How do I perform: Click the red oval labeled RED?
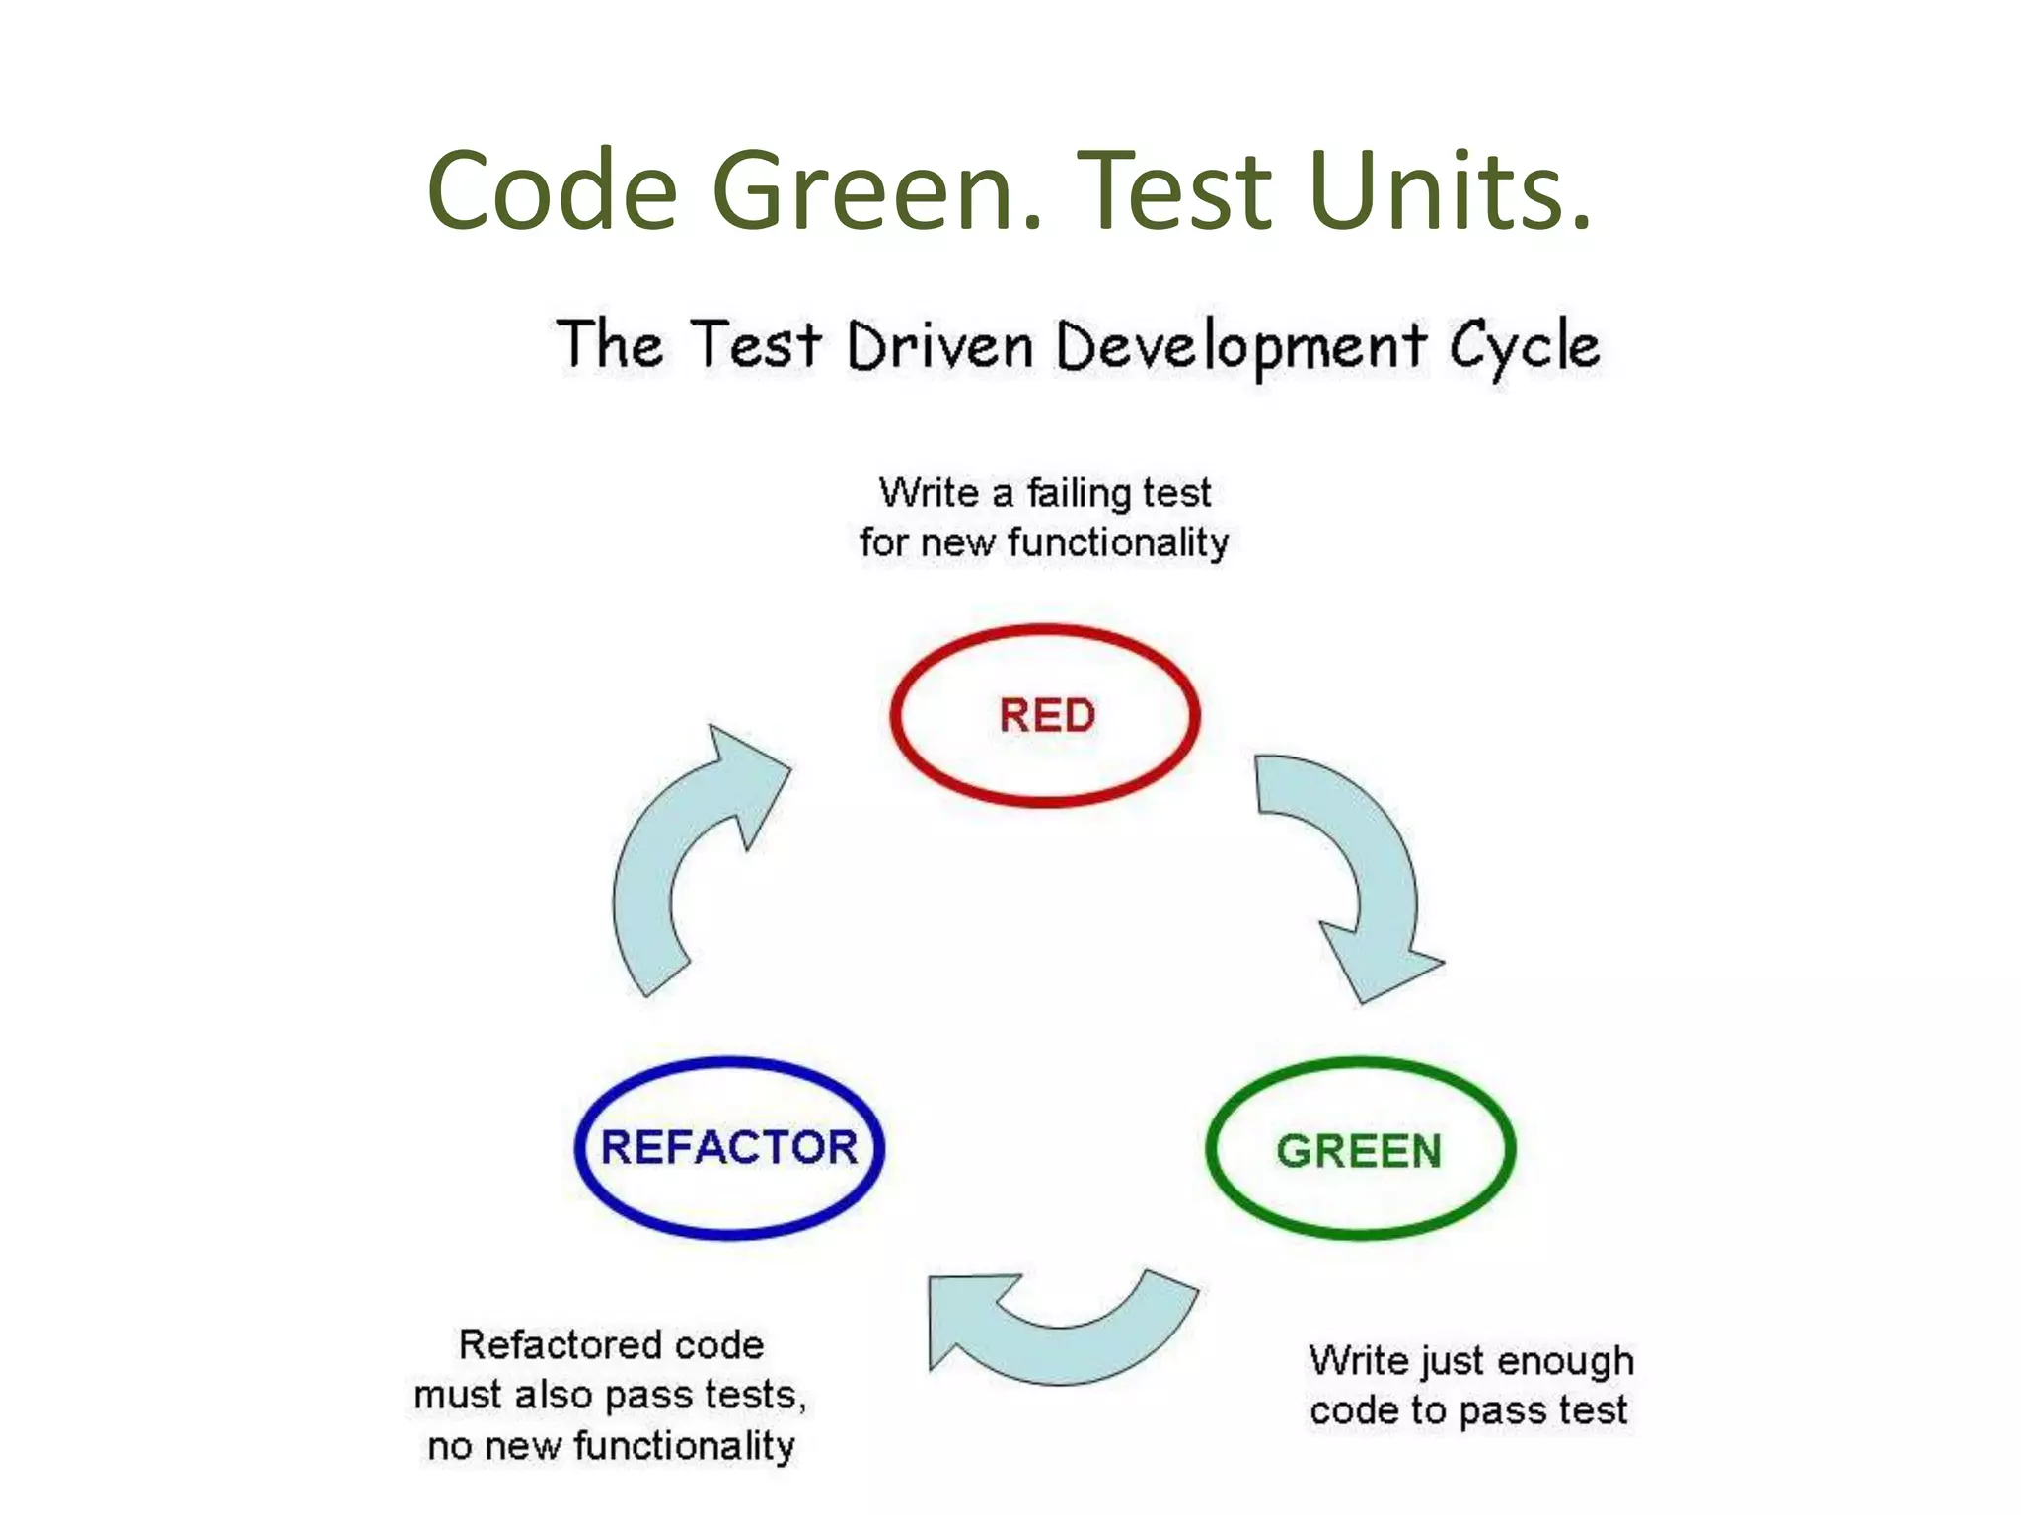click(x=1046, y=715)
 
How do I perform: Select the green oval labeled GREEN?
click(x=1360, y=1150)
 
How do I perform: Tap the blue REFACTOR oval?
click(x=729, y=1147)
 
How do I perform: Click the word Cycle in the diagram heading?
click(x=1524, y=347)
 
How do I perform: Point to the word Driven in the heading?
click(x=939, y=347)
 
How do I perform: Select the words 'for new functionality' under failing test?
click(x=1044, y=542)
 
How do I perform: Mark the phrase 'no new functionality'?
click(x=611, y=1446)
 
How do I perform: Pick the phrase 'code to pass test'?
click(x=1468, y=1410)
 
